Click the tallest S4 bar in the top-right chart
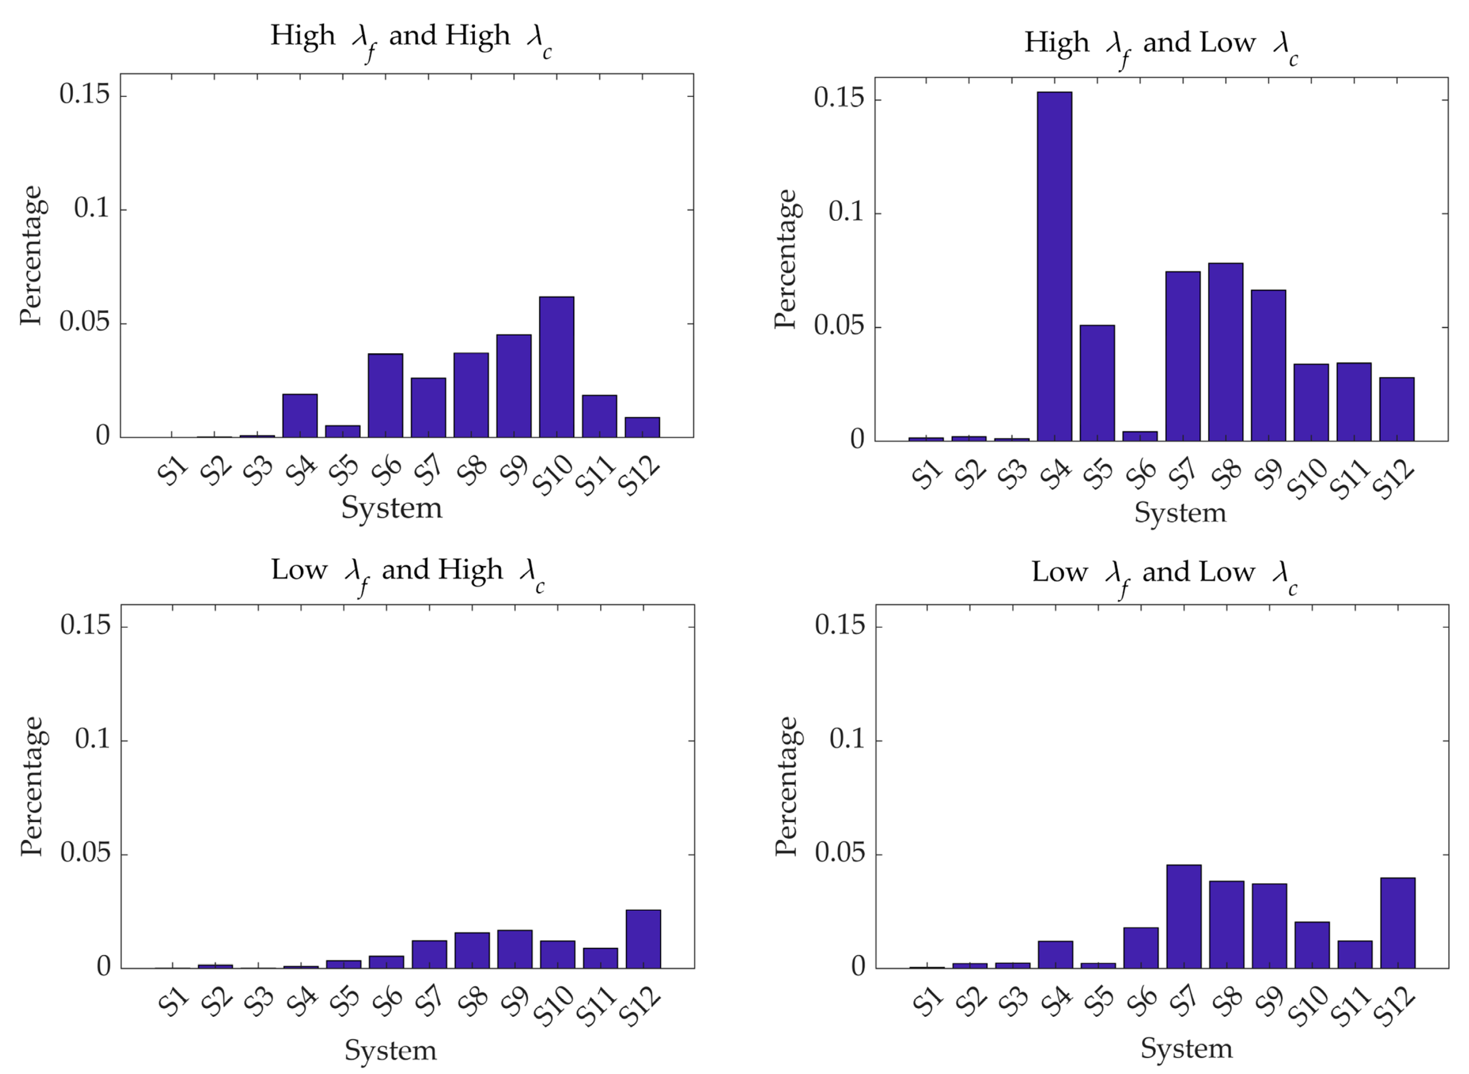[x=1054, y=267]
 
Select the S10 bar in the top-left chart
[x=556, y=367]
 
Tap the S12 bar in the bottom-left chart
[x=643, y=939]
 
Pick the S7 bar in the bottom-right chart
[x=1183, y=917]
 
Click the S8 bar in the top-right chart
[x=1225, y=351]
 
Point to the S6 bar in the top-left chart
[x=385, y=395]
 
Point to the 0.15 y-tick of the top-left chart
[x=84, y=95]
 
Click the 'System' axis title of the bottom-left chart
[x=390, y=1050]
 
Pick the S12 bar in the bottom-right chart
[x=1397, y=923]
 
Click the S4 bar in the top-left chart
[x=300, y=415]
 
